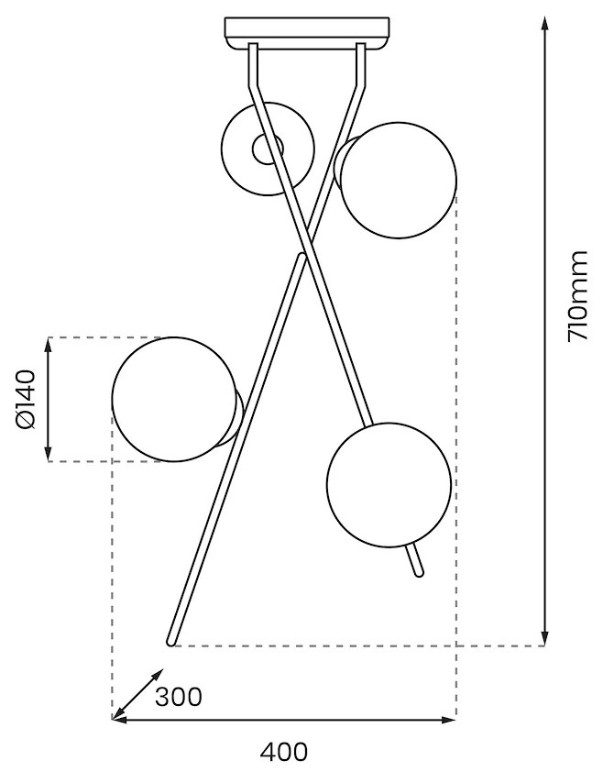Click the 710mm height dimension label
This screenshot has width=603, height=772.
click(577, 296)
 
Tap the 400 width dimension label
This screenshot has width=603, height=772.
click(284, 753)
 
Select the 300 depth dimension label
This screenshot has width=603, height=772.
click(178, 698)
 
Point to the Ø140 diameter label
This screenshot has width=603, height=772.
click(26, 399)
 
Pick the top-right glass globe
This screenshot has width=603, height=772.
click(399, 181)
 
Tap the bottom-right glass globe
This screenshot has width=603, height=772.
click(389, 484)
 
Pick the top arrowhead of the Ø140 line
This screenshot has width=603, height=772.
click(48, 344)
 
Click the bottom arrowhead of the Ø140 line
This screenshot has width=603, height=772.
click(48, 456)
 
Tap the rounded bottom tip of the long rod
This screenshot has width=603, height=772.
click(170, 641)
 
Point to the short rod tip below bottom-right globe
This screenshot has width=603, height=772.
click(420, 572)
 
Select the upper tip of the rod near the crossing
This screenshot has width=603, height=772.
click(301, 258)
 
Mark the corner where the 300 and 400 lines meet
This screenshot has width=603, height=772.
click(113, 720)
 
